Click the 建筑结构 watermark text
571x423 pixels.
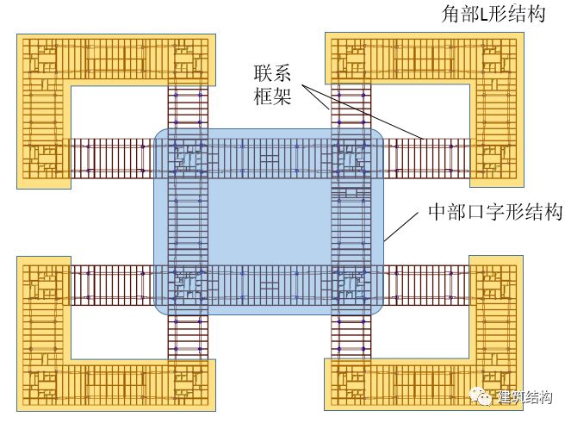click(x=524, y=397)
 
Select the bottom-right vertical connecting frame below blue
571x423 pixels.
click(x=351, y=336)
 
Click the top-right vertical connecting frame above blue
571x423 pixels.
click(x=351, y=107)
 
